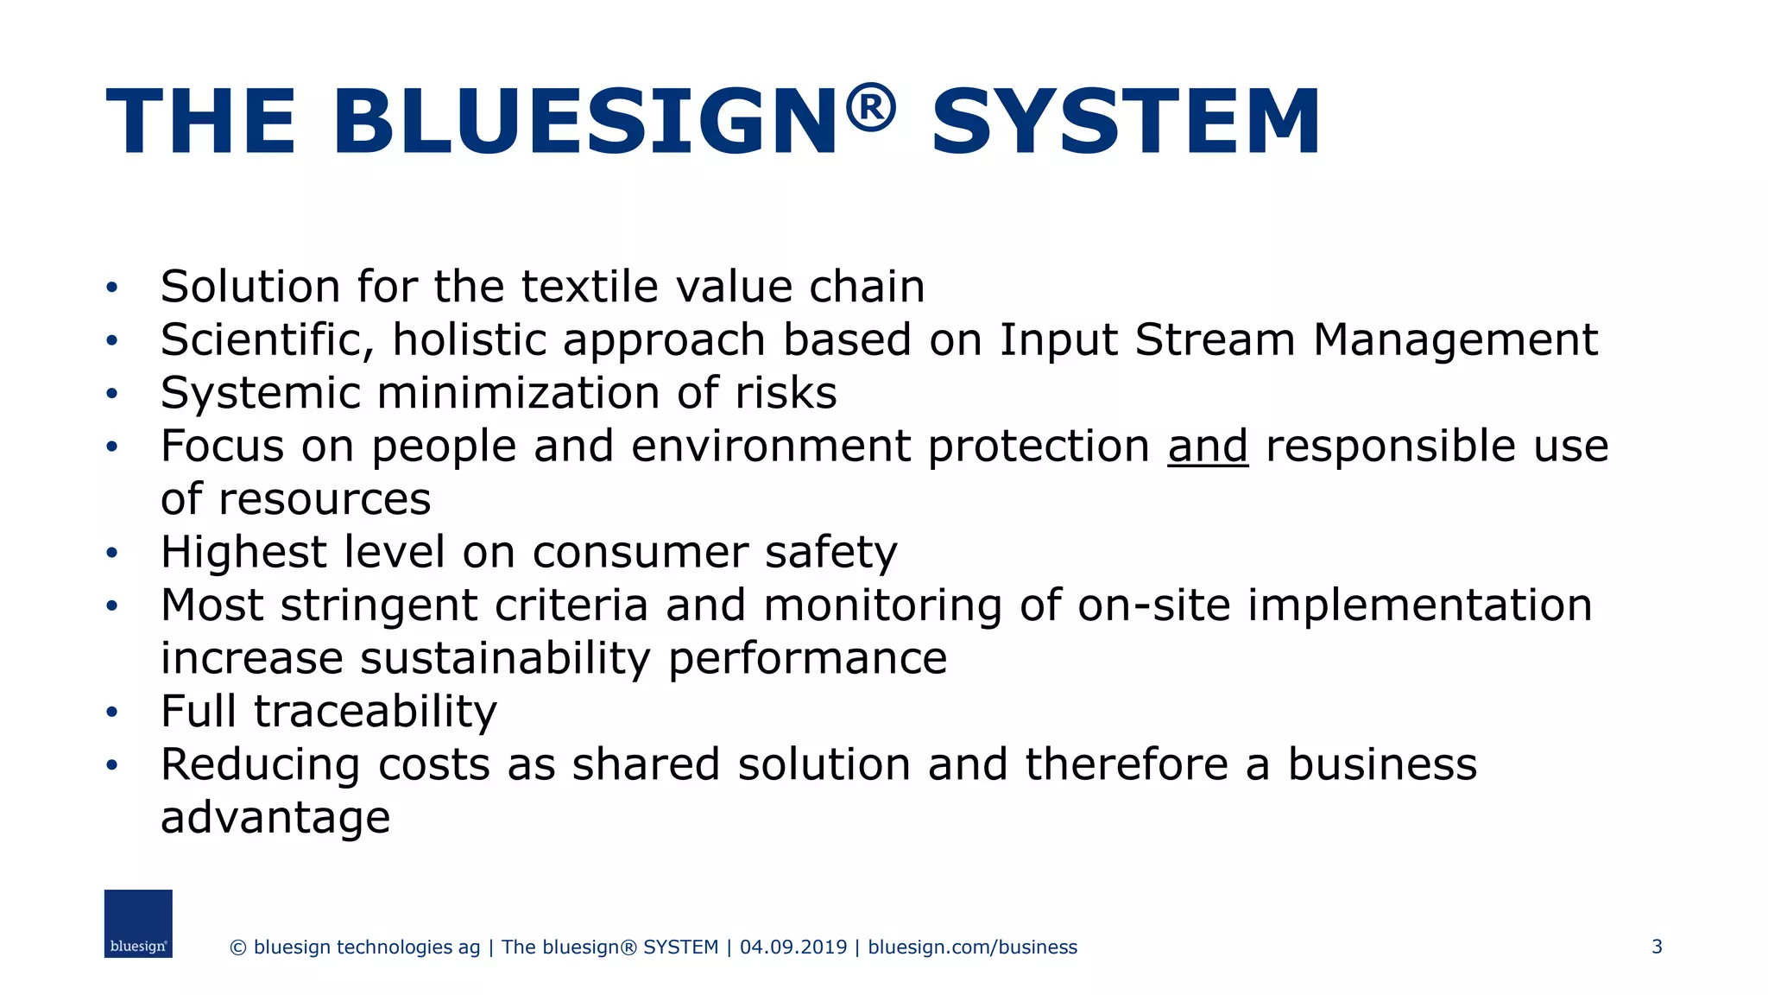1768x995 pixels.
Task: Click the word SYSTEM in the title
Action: tap(1126, 122)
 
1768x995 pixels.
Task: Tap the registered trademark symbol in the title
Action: tap(870, 108)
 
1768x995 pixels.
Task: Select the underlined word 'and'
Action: tap(1207, 447)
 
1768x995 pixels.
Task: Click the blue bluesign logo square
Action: tap(138, 923)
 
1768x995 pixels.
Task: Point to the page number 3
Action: tap(1657, 947)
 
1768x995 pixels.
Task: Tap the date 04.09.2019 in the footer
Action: tap(793, 947)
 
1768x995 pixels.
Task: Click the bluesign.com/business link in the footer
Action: tap(972, 947)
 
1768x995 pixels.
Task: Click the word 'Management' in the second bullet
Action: tap(1455, 339)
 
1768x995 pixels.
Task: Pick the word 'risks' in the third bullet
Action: tap(786, 393)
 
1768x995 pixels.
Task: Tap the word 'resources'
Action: tap(324, 499)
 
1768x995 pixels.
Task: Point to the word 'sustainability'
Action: tap(505, 658)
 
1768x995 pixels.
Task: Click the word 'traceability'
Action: tap(375, 712)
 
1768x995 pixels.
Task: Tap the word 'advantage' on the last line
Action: tap(275, 818)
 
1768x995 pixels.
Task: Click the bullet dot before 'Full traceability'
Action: tap(111, 713)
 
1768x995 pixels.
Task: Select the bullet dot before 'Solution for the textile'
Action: tap(111, 288)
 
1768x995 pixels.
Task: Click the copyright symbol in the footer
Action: tap(238, 947)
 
